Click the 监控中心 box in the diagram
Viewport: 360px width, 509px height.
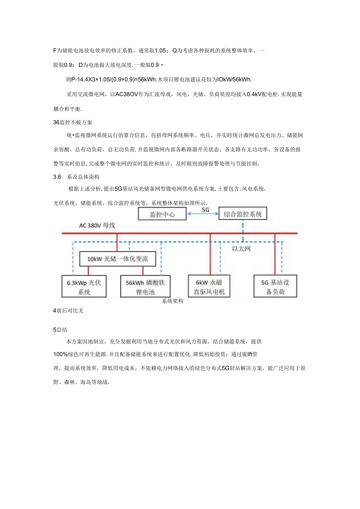pos(162,214)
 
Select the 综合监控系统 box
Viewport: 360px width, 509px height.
pos(243,214)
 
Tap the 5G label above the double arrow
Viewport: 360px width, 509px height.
pos(205,210)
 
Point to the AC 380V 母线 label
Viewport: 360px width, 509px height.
pos(97,226)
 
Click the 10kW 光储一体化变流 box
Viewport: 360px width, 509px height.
pos(118,259)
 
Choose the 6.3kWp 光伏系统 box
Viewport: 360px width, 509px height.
pos(85,287)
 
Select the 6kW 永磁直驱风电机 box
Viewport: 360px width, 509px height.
pos(207,287)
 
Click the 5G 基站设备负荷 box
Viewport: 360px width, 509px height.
pos(275,287)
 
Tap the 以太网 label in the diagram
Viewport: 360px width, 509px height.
pos(241,248)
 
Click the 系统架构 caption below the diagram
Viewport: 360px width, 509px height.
pos(173,301)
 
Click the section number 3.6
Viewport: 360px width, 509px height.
pos(58,177)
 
